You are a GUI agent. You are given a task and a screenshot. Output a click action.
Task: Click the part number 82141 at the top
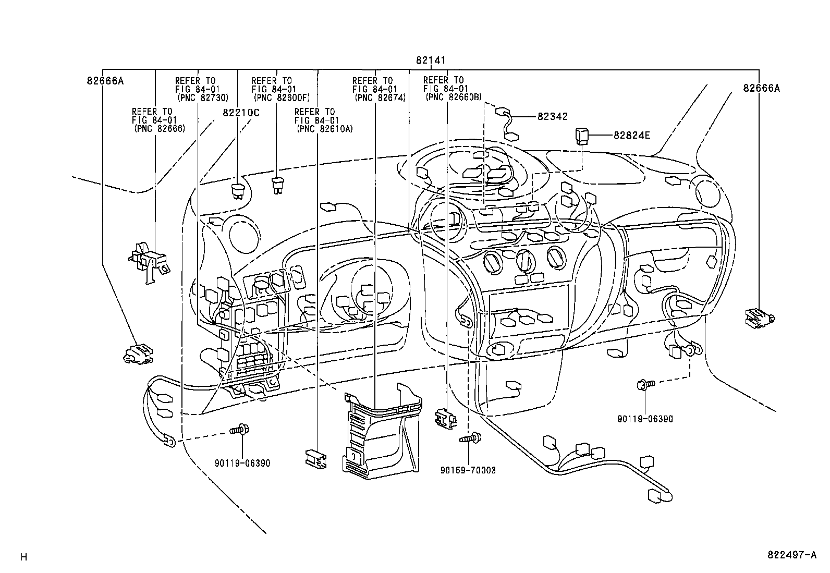(x=431, y=60)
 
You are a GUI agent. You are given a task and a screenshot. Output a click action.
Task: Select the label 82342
(x=553, y=116)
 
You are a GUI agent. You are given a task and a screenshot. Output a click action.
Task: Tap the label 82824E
(x=632, y=135)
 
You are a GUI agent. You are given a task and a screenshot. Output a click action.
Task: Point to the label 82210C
(x=241, y=113)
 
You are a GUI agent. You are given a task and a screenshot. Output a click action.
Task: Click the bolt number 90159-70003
(x=468, y=470)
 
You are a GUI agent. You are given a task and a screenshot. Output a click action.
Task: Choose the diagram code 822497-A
(x=792, y=555)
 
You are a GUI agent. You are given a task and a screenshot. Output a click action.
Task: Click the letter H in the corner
(x=24, y=557)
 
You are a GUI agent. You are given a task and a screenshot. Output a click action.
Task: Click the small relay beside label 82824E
(x=582, y=136)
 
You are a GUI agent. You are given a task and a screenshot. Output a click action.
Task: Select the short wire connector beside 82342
(x=507, y=124)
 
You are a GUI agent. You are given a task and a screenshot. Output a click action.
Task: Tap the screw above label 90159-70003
(x=471, y=438)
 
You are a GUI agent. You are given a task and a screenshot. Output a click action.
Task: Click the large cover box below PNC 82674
(x=382, y=432)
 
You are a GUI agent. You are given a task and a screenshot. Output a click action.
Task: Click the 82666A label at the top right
(x=762, y=88)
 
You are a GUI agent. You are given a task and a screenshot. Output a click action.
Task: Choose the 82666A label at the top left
(x=105, y=81)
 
